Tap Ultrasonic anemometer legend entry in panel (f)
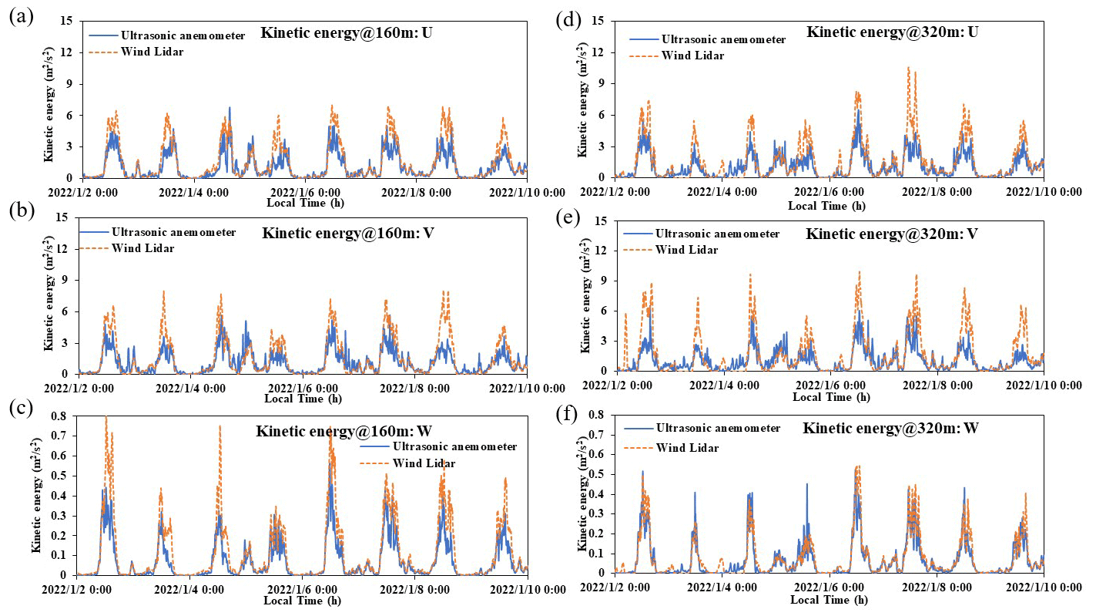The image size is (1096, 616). point(718,428)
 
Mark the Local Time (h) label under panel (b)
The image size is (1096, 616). point(302,399)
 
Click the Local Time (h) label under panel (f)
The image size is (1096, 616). point(829,600)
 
